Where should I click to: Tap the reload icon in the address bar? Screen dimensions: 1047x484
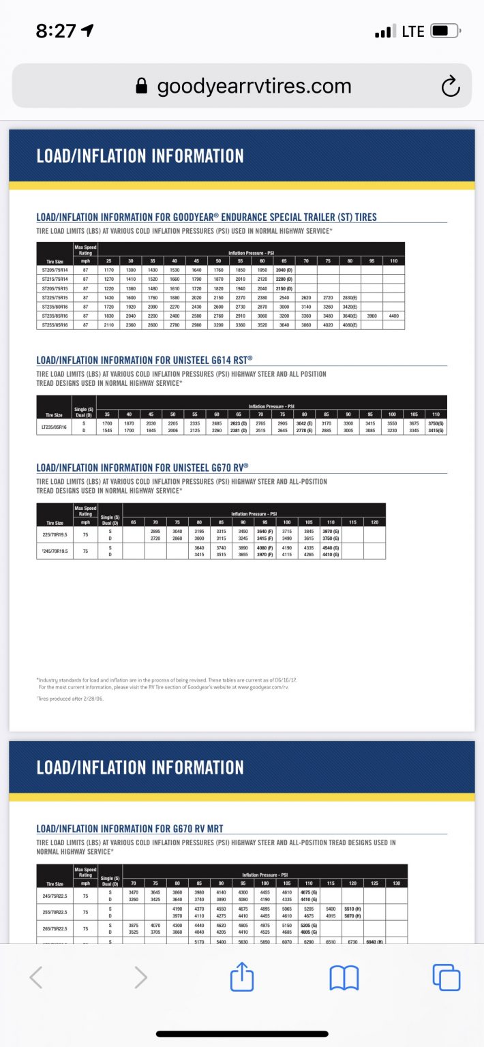450,87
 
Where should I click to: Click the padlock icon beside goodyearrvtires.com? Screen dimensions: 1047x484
142,86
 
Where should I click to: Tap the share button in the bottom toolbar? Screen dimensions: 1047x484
242,978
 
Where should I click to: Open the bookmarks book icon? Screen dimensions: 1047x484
344,978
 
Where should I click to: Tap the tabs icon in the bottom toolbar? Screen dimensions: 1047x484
447,978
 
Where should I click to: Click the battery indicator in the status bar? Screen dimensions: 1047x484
447,31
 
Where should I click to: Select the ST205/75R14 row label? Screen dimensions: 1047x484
55,270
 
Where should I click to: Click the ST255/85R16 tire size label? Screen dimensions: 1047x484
55,324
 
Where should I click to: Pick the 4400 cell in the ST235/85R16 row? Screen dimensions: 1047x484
393,316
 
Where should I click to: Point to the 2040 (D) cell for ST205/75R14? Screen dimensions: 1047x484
284,270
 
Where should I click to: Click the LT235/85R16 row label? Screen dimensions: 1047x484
55,427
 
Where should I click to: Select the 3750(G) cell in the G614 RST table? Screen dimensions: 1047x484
436,423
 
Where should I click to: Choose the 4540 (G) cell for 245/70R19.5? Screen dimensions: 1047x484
331,547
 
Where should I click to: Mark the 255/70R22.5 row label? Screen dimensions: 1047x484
55,911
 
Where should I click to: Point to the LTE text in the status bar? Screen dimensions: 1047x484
413,31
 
